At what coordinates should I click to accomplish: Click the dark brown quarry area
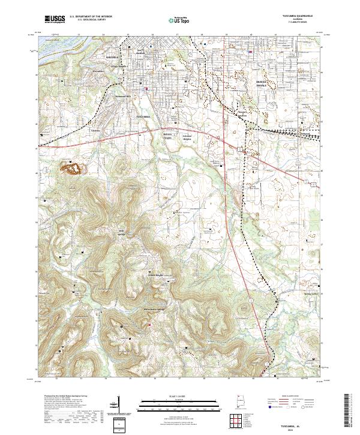click(x=73, y=169)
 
